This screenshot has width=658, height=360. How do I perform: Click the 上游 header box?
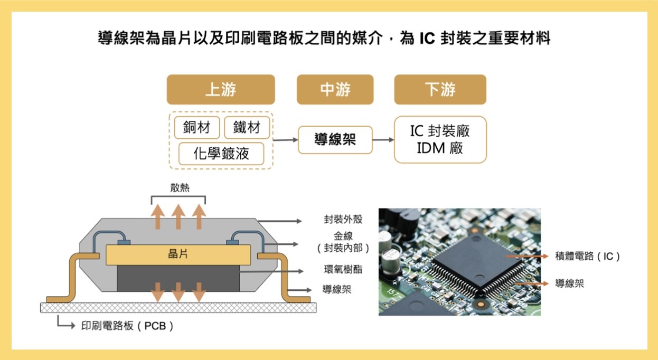point(221,90)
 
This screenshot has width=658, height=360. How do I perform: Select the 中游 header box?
point(335,90)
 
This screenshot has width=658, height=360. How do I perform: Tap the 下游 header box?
point(440,90)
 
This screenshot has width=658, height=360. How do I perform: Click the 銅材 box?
point(196,127)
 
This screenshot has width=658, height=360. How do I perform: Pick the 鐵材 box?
point(247,127)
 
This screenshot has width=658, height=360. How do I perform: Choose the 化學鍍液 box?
point(221,154)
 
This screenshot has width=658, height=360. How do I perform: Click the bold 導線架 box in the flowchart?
point(335,140)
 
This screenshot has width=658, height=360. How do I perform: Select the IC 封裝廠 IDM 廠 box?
point(440,139)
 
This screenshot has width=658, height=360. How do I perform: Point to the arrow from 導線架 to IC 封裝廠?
point(383,140)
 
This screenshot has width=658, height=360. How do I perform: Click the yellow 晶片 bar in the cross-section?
point(178,254)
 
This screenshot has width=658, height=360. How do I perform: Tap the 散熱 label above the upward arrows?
point(178,188)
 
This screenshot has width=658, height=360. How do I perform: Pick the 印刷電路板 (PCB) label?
point(127,326)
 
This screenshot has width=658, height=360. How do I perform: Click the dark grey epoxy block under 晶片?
point(178,277)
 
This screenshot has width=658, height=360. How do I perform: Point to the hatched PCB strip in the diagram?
point(178,307)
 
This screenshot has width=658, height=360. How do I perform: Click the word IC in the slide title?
point(427,39)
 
